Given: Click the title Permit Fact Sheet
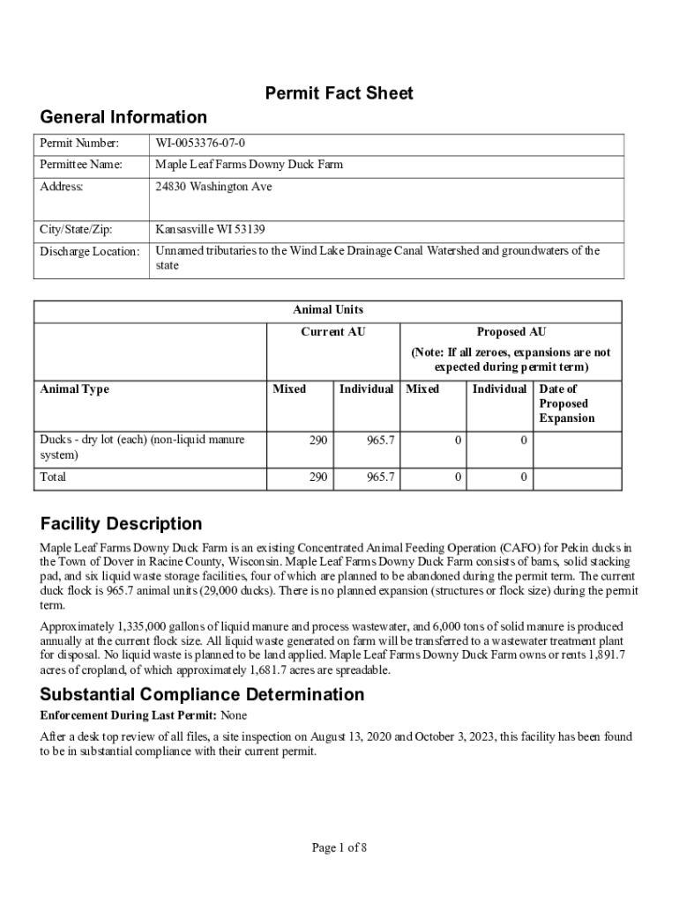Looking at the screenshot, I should click(339, 93).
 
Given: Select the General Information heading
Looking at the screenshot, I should click(123, 117).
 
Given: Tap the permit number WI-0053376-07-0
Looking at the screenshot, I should click(201, 144).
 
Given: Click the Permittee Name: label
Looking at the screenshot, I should click(81, 165).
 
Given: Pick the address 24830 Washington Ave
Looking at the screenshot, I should click(213, 187).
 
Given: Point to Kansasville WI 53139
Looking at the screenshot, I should click(210, 230).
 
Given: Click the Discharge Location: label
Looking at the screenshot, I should click(90, 252).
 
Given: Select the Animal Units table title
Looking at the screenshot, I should click(328, 309).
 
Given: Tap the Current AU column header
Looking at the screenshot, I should click(333, 331).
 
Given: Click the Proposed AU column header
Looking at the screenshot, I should click(511, 331).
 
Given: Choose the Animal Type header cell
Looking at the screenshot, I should click(75, 389).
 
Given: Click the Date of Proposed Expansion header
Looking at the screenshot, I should click(564, 403).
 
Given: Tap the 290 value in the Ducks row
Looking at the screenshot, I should click(318, 439).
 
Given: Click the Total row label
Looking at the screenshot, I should click(53, 477).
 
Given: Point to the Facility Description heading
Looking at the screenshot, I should click(121, 524).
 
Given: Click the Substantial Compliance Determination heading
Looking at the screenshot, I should click(202, 694).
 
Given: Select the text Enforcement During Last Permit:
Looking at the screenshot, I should click(129, 715).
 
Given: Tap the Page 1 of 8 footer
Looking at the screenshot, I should click(339, 848).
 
